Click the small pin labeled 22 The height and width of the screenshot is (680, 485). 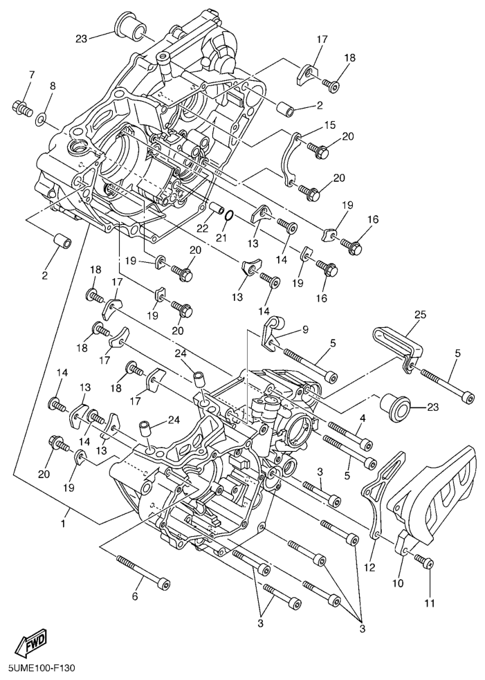coord(217,208)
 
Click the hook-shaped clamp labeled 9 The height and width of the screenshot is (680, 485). coord(272,332)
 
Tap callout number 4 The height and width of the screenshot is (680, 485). coord(363,419)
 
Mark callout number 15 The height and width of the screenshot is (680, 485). coord(330,125)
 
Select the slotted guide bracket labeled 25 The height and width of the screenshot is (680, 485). coord(397,351)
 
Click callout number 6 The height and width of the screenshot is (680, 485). coord(134,597)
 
